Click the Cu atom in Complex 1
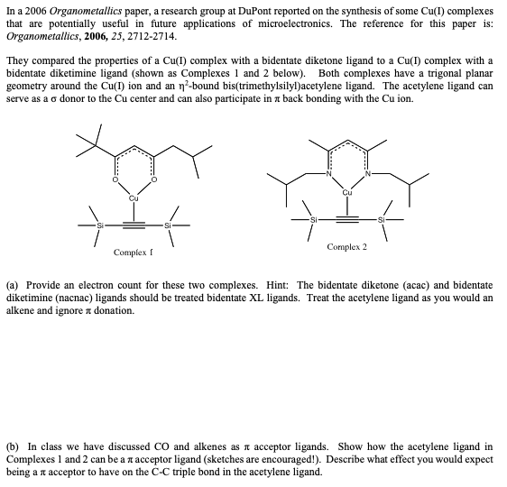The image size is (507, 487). pos(134,198)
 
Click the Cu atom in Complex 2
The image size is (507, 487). pos(347,191)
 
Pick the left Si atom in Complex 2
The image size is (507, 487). pos(314,218)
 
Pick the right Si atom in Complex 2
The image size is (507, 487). pos(382,218)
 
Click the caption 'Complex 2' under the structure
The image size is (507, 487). pos(347,246)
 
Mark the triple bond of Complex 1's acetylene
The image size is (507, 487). pos(134,222)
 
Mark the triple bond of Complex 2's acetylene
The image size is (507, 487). pos(347,218)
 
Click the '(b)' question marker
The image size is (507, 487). pos(14,446)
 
